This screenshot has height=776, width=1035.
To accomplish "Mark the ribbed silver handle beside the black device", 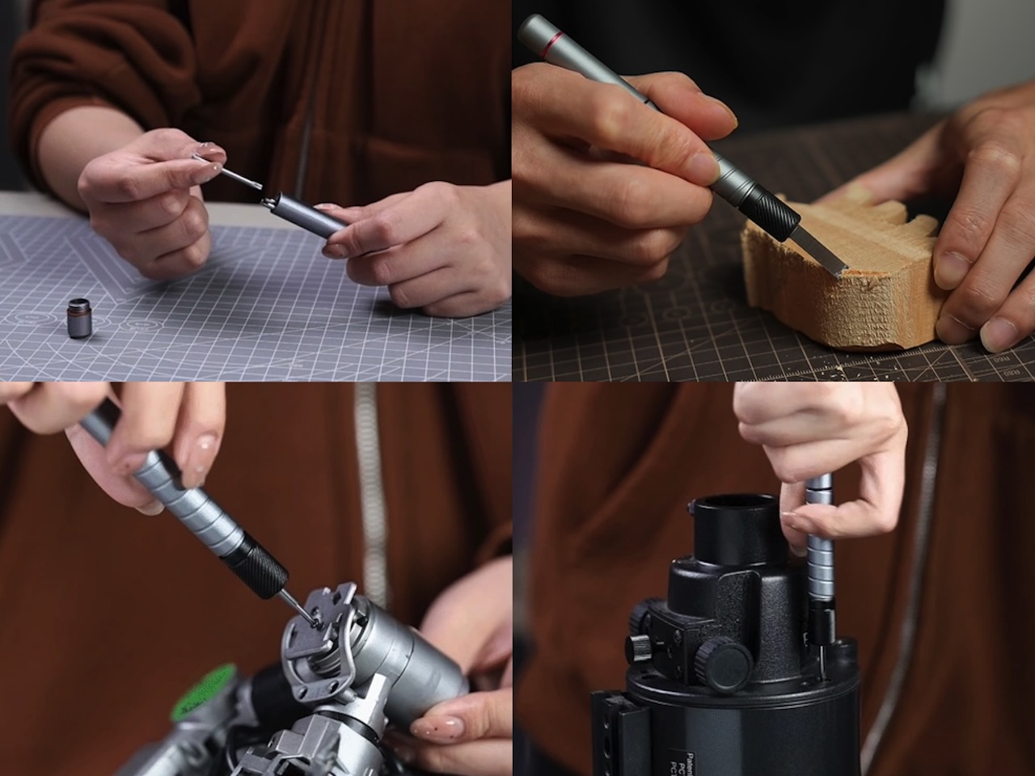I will [819, 550].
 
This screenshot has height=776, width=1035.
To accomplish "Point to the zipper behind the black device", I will [918, 566].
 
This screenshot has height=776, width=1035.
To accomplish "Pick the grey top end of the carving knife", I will [534, 32].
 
